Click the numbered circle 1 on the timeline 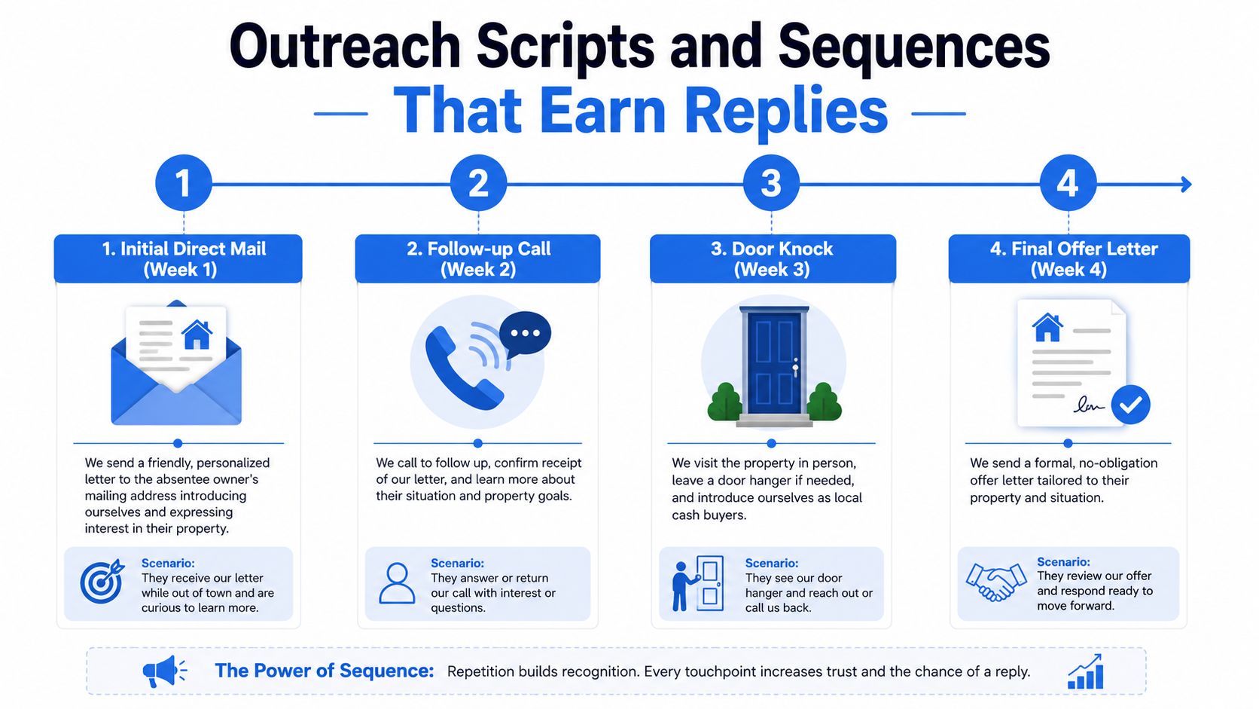pos(183,183)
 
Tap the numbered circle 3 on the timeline pos(771,183)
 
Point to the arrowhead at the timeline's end pos(1186,184)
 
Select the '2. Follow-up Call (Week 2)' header pos(477,258)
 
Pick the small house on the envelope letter pos(197,335)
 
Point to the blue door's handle pos(795,369)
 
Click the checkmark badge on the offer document pos(1130,405)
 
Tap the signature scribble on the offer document pos(1087,405)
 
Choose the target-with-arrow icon pos(102,582)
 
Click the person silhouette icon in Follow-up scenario pos(397,583)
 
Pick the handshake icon pos(996,582)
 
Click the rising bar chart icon pos(1085,671)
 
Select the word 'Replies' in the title pos(786,112)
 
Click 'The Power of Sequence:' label pos(325,671)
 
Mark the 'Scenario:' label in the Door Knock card pos(772,563)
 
